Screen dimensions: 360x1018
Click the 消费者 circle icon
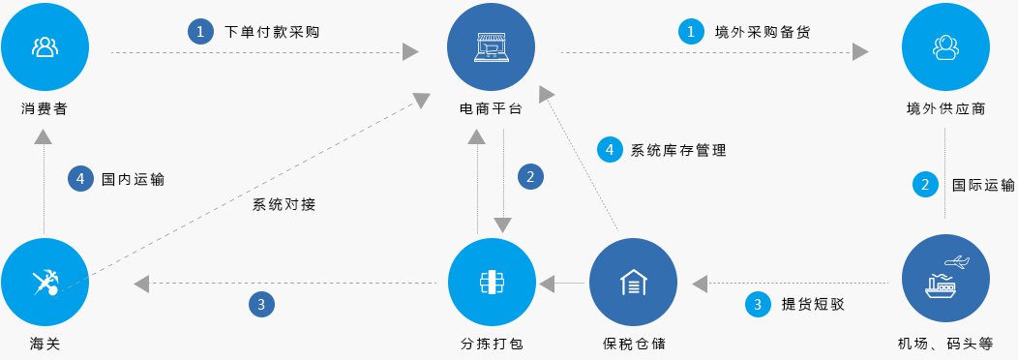(x=45, y=45)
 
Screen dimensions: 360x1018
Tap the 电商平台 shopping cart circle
(x=492, y=45)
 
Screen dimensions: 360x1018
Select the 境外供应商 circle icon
(x=943, y=45)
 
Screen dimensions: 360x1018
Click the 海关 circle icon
(x=45, y=282)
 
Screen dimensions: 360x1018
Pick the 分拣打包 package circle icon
(x=492, y=282)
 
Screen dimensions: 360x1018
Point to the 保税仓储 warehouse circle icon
(x=632, y=282)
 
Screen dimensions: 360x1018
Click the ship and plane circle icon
(x=943, y=282)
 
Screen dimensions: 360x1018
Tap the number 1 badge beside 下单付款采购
(x=200, y=31)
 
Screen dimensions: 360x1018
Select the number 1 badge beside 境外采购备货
(x=690, y=31)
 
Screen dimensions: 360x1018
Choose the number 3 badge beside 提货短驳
(x=758, y=304)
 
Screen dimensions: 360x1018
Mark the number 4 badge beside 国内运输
(x=80, y=179)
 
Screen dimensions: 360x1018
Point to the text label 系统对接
(x=284, y=204)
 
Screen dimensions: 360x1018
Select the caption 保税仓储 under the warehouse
(x=632, y=344)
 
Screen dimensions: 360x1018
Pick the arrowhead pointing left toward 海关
(x=141, y=284)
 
